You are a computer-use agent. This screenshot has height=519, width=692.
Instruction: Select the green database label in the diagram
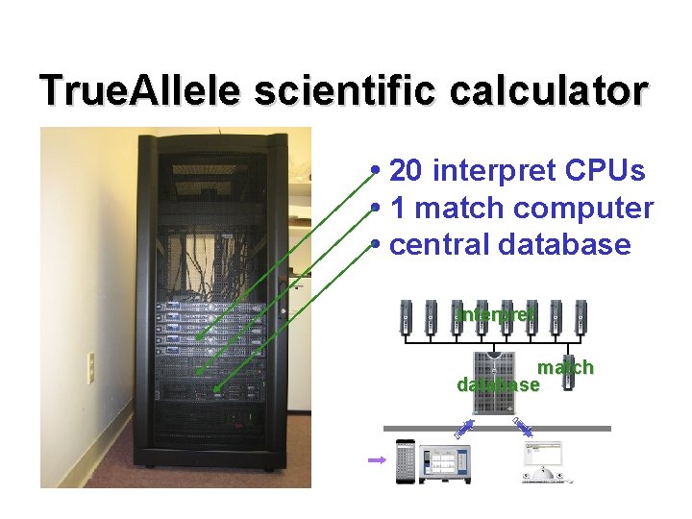click(x=498, y=385)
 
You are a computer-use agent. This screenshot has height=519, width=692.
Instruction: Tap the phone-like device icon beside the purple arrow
click(x=406, y=461)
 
